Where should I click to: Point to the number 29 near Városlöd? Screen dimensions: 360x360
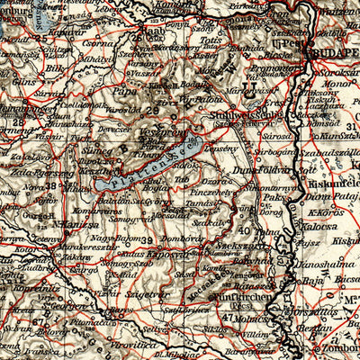click(x=152, y=109)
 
